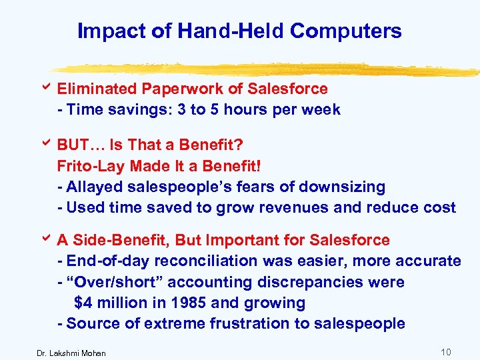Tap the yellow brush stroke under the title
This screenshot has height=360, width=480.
[x=267, y=69]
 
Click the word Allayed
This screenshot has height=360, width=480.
[x=93, y=187]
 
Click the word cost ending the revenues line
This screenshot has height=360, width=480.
[x=439, y=207]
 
